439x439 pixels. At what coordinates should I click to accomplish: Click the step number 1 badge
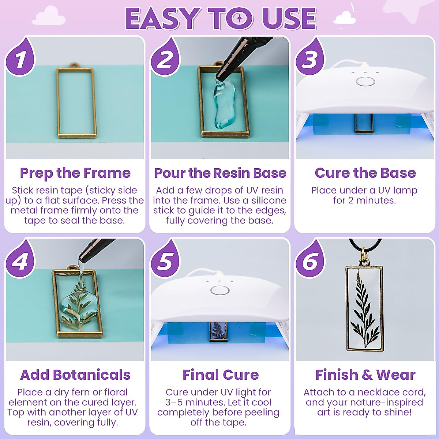[20, 59]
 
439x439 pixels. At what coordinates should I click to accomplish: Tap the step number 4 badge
[20, 260]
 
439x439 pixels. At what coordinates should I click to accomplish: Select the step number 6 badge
[310, 260]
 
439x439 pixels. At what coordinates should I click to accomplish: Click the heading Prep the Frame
[75, 173]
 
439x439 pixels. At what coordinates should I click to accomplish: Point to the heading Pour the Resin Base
[220, 173]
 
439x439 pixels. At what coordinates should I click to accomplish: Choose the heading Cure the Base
[365, 173]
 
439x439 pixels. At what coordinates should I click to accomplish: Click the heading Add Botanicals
[75, 375]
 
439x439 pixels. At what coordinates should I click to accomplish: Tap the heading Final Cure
[220, 375]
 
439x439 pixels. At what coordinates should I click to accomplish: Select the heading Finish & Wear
[365, 375]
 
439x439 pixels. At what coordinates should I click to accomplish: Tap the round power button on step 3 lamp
[365, 81]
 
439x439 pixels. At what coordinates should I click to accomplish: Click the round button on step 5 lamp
[220, 290]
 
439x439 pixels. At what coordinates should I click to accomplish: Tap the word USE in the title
[289, 19]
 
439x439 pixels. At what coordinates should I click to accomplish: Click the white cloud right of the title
[345, 18]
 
